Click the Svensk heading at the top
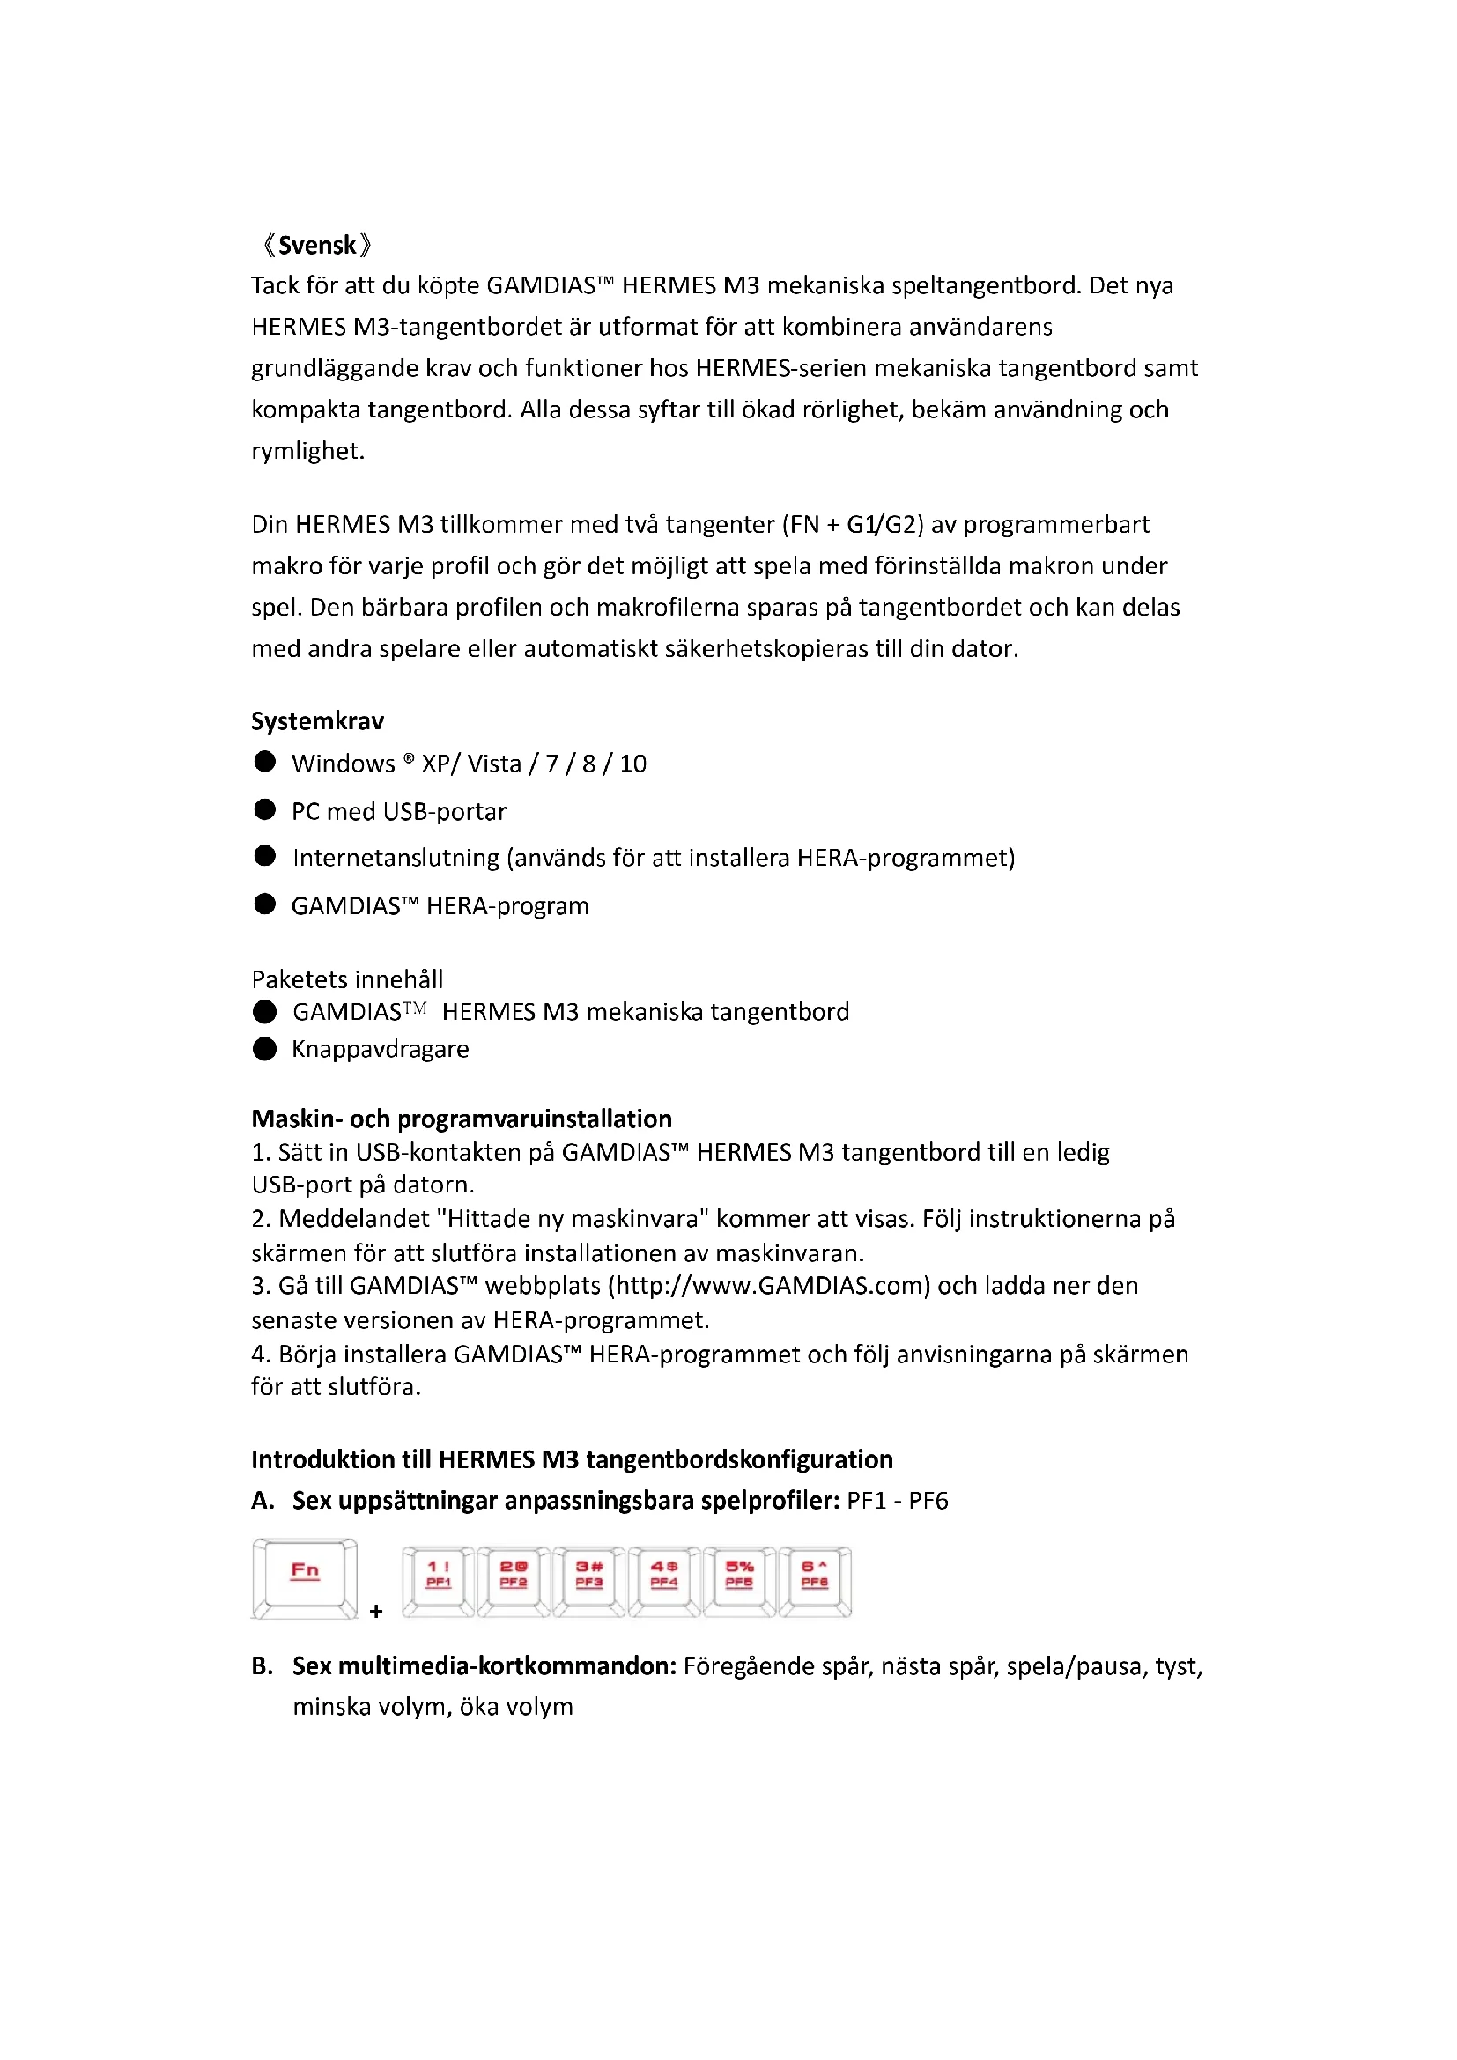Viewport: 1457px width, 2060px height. (x=317, y=245)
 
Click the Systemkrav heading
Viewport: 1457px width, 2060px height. (x=318, y=721)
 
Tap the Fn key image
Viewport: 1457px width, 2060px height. (x=305, y=1577)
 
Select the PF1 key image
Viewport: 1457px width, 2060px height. (x=438, y=1581)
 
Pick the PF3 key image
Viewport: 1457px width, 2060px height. (x=588, y=1581)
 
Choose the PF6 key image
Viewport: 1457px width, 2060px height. (x=815, y=1581)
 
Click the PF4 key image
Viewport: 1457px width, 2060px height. (x=664, y=1581)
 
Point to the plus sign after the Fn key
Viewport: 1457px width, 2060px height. (x=376, y=1612)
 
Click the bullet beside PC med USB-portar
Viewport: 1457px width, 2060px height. (x=264, y=810)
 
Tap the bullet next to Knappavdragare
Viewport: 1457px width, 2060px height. (x=264, y=1049)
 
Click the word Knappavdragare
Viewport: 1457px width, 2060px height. (x=381, y=1050)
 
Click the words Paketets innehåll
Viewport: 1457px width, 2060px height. (x=347, y=978)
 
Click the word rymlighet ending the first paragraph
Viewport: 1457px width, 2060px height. (x=307, y=450)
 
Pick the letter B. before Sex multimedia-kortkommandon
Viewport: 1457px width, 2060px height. (x=262, y=1666)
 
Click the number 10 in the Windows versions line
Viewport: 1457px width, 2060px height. (x=633, y=764)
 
